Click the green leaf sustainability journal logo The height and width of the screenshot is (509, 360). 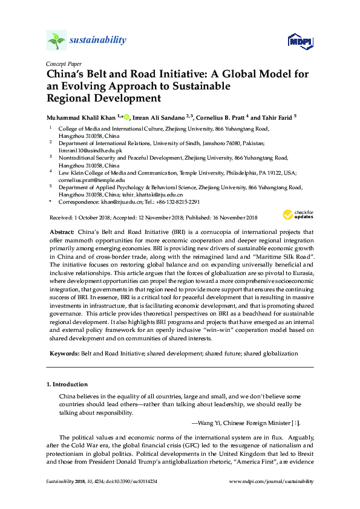(x=56, y=41)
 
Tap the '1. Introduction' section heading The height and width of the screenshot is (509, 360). (x=67, y=384)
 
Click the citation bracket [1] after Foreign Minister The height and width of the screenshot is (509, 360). (x=295, y=423)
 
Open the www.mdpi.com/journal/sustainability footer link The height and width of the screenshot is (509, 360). (x=272, y=481)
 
